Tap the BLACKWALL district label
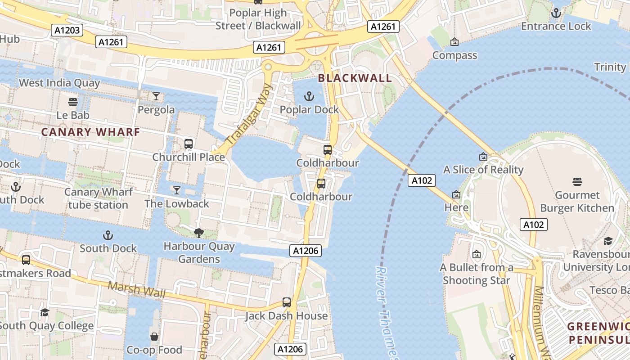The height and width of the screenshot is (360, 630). pyautogui.click(x=355, y=78)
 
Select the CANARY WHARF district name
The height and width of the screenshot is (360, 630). pyautogui.click(x=90, y=132)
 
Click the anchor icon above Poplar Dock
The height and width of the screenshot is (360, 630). pyautogui.click(x=309, y=96)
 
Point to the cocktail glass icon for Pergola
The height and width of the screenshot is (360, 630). pyautogui.click(x=156, y=96)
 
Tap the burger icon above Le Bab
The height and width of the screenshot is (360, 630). pyautogui.click(x=72, y=102)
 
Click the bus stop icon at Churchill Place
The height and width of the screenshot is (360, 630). pyautogui.click(x=189, y=144)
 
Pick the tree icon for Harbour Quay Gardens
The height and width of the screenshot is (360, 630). pyautogui.click(x=198, y=233)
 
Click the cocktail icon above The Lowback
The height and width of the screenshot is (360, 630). pyautogui.click(x=176, y=190)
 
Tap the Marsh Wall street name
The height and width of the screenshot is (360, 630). pyautogui.click(x=136, y=289)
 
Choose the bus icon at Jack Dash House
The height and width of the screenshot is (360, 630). pyautogui.click(x=287, y=302)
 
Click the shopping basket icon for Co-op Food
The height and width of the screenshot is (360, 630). pyautogui.click(x=154, y=337)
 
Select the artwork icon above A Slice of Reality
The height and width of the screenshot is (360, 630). pyautogui.click(x=483, y=157)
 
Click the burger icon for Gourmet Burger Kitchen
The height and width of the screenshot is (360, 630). pyautogui.click(x=577, y=182)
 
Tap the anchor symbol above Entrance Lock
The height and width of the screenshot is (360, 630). pyautogui.click(x=556, y=13)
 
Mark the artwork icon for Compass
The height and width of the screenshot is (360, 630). pyautogui.click(x=454, y=42)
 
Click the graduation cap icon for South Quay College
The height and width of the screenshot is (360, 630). pyautogui.click(x=45, y=312)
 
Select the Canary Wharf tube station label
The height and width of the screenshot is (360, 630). pyautogui.click(x=98, y=198)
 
